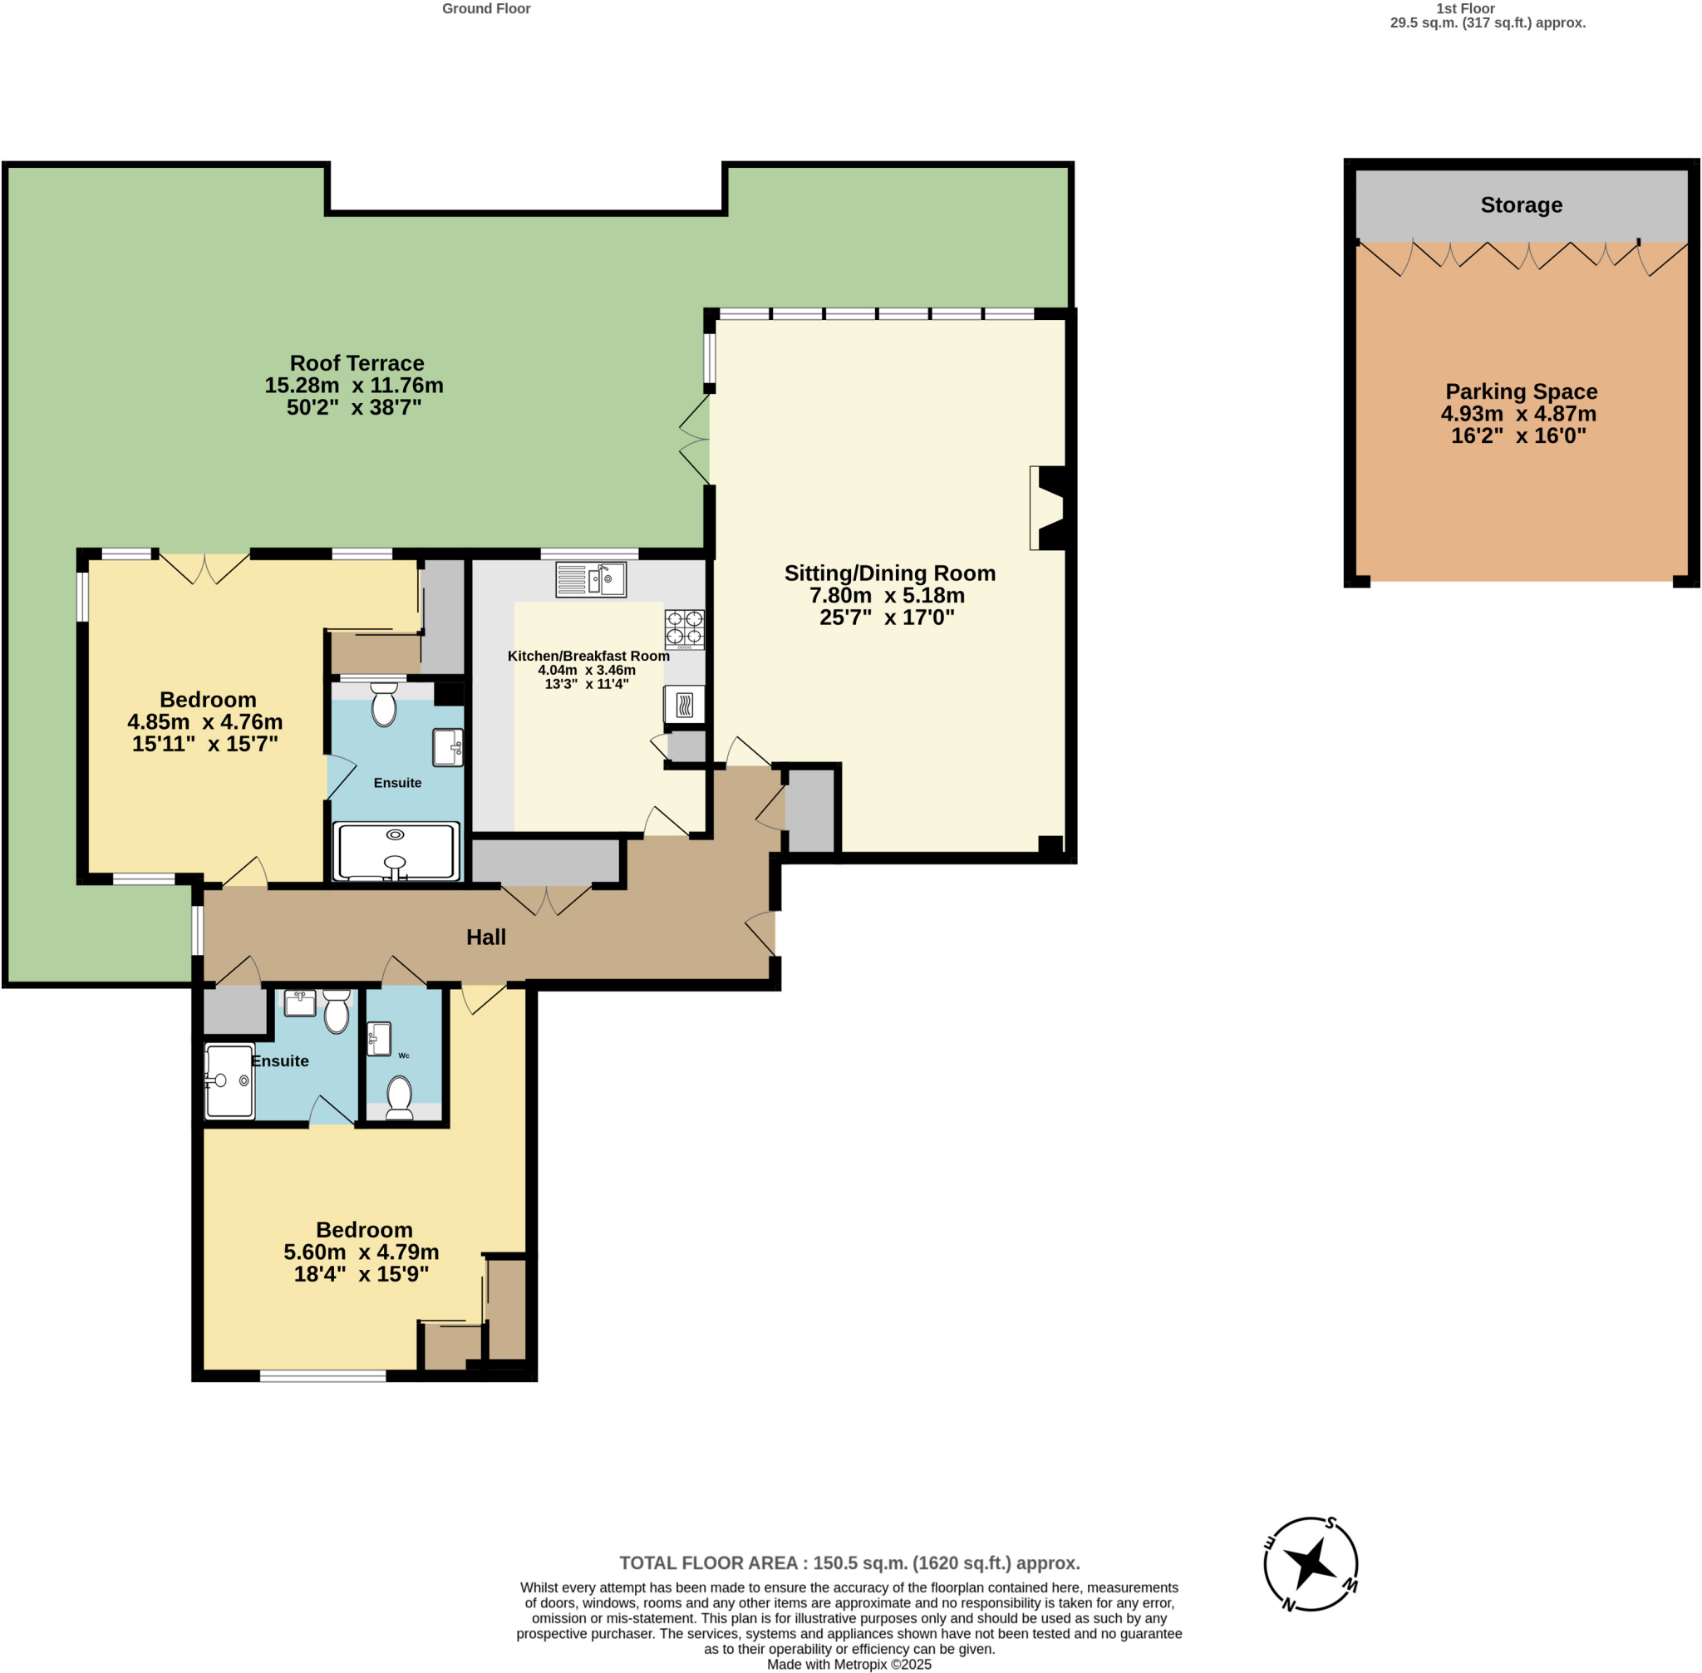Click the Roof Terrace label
click(x=357, y=363)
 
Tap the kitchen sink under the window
click(x=591, y=580)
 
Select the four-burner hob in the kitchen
click(x=684, y=629)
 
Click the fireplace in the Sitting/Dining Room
click(x=1051, y=508)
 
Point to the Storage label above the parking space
click(x=1520, y=204)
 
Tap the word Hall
click(x=486, y=937)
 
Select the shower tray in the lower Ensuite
click(x=229, y=1080)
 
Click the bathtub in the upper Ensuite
click(x=396, y=850)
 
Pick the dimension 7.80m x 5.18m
click(x=887, y=595)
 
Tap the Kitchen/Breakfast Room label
click(x=588, y=656)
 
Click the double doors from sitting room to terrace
click(x=695, y=440)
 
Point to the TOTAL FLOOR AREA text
click(x=849, y=1563)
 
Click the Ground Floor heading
click(x=486, y=9)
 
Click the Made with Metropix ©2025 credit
click(x=849, y=1663)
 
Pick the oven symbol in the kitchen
click(x=685, y=704)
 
